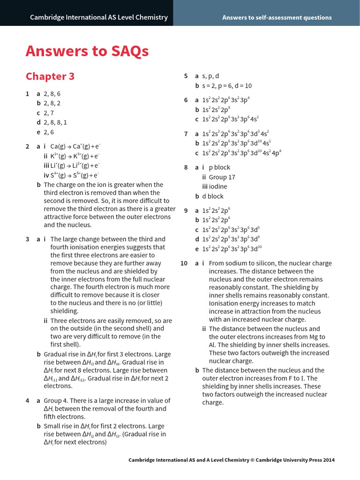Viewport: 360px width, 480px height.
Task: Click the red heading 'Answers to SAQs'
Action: (87, 51)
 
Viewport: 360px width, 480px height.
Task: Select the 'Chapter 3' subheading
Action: (50, 76)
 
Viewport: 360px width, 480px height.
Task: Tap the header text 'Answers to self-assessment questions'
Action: (277, 18)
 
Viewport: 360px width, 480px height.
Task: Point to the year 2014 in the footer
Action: (328, 460)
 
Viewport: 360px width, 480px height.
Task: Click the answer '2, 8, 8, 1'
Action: (55, 122)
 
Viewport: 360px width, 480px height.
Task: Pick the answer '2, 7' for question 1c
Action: (49, 113)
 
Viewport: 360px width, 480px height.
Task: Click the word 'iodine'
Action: (219, 187)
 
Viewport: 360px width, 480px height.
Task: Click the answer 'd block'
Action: (213, 196)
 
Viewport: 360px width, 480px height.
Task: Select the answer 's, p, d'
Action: (210, 76)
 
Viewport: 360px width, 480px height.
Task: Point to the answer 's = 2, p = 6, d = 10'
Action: (227, 86)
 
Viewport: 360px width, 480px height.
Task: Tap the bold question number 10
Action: (184, 263)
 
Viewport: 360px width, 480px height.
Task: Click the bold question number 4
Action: (28, 401)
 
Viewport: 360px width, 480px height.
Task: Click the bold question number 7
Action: (186, 134)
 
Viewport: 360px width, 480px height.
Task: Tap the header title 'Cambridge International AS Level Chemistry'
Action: (98, 17)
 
